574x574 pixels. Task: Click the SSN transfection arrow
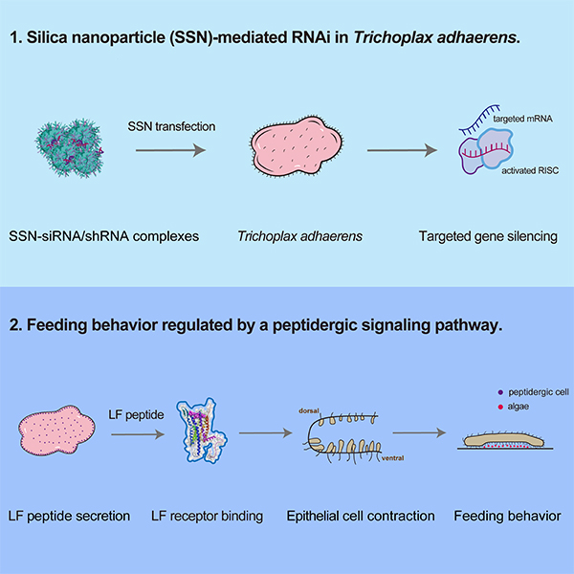167,149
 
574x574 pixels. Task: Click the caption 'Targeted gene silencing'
489,234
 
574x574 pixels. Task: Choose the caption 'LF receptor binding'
207,517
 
